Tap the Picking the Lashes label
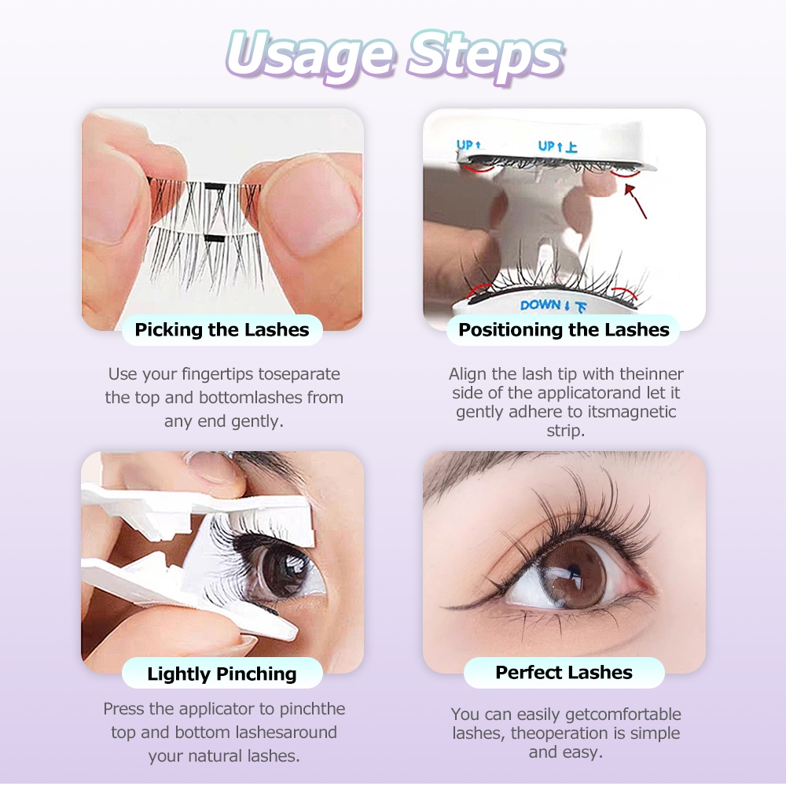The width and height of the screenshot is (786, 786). (x=222, y=330)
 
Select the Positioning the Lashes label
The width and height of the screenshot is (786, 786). (x=564, y=330)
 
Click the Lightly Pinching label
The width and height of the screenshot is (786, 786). (x=222, y=674)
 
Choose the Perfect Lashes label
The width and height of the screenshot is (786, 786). (x=564, y=672)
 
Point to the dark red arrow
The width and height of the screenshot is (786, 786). (x=635, y=201)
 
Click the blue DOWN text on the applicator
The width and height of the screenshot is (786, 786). (x=541, y=305)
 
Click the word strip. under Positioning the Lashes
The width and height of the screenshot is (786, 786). (x=565, y=431)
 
